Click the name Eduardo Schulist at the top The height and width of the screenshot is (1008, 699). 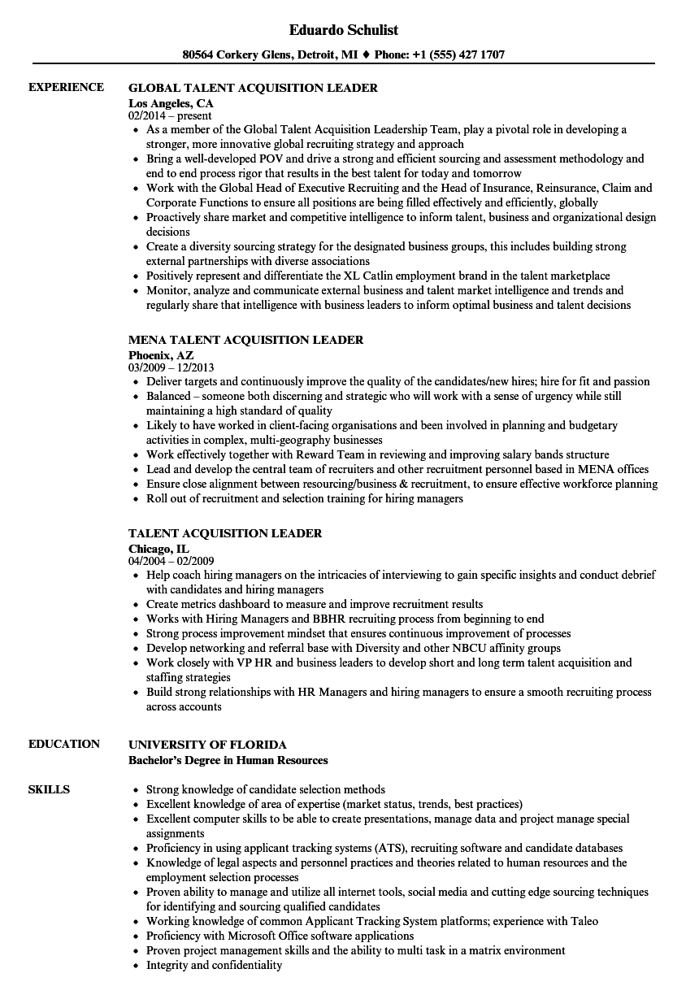pos(344,30)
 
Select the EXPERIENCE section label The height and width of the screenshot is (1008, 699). pos(66,88)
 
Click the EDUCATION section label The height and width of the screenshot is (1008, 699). pos(64,744)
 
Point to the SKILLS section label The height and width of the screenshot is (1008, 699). pos(49,789)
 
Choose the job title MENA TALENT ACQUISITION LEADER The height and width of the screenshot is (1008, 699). pos(245,340)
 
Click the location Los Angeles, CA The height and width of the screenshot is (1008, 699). pos(171,103)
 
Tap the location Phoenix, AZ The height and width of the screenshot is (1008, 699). pos(161,355)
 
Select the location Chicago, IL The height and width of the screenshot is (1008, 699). pos(158,549)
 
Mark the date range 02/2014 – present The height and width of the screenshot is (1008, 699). pos(170,116)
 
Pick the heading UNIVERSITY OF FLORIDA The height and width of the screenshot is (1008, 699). pos(207,745)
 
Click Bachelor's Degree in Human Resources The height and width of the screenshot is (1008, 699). pos(228,760)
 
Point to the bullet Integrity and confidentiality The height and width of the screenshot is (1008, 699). pos(214,965)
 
